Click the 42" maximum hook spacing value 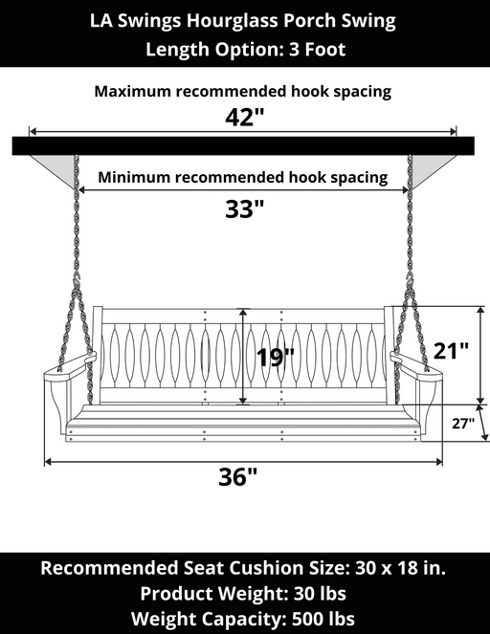[244, 118]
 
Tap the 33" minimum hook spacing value [244, 209]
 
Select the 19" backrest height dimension [275, 357]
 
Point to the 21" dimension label [451, 351]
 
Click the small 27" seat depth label [463, 424]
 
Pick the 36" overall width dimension [238, 477]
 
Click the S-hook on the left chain [76, 280]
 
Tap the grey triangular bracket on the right [430, 168]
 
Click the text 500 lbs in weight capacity [323, 619]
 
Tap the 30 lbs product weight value [320, 594]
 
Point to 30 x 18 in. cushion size [401, 568]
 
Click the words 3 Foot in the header [317, 50]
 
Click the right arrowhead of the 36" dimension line [438, 462]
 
